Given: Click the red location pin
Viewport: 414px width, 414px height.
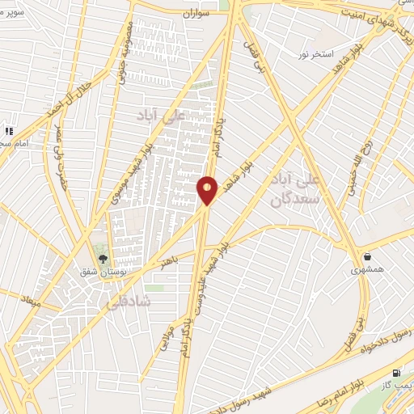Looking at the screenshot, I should tap(208, 190).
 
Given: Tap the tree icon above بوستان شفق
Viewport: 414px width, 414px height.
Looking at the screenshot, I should tap(103, 259).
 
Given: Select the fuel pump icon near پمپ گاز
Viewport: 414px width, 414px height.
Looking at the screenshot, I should tap(395, 373).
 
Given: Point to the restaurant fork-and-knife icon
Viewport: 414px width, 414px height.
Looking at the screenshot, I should tap(9, 131).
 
